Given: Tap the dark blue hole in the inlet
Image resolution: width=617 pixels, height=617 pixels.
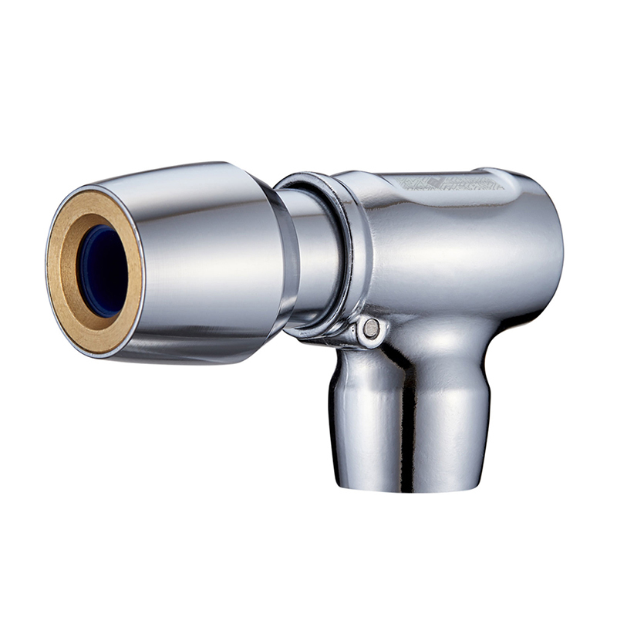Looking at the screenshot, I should pyautogui.click(x=104, y=270).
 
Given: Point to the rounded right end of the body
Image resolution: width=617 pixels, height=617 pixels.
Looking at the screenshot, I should pyautogui.click(x=551, y=247).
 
